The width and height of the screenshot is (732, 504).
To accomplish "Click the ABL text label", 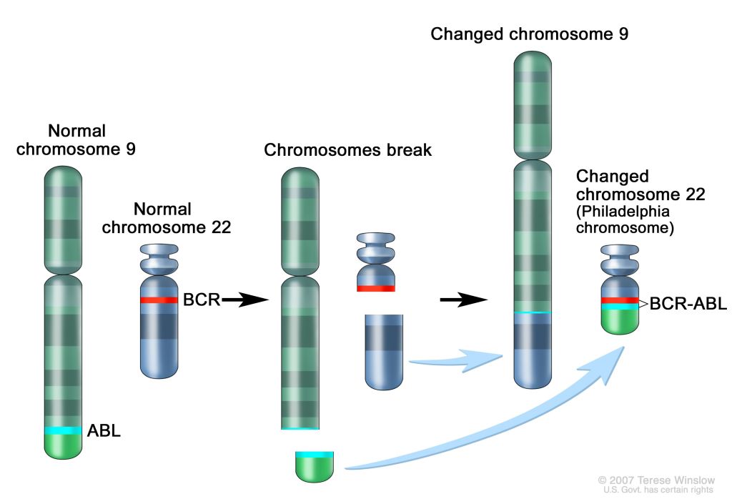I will click(x=104, y=431).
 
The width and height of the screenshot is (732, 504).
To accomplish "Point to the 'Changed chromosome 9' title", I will click(x=529, y=34).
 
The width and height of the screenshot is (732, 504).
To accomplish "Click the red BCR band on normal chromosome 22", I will click(x=158, y=300).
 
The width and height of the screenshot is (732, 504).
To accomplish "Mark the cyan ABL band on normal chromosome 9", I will click(x=64, y=430).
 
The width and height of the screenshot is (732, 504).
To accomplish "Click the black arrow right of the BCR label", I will click(x=244, y=301).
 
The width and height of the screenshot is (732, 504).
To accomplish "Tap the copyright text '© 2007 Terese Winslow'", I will click(x=656, y=480).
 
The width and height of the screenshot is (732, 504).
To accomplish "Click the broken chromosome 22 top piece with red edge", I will click(x=375, y=265).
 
